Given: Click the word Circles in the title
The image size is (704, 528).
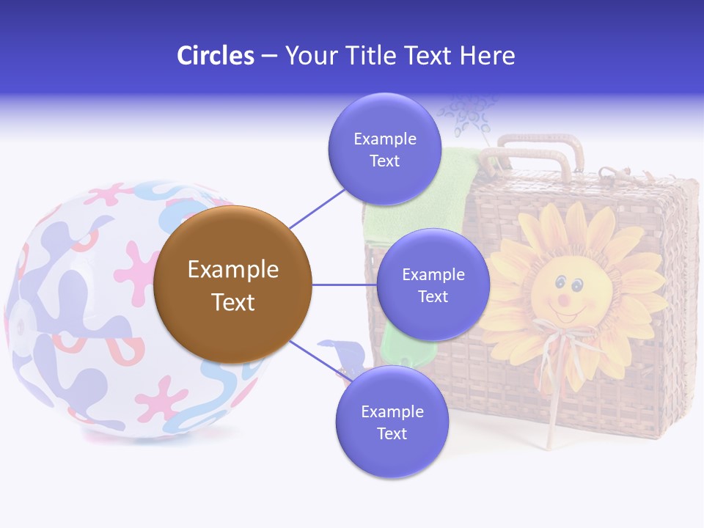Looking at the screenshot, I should coord(215,56).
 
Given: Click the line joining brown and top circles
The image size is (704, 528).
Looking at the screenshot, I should coord(318,208).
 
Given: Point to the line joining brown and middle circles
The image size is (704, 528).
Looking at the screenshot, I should coord(343,285).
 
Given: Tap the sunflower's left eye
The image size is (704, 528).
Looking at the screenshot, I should coord(559,282).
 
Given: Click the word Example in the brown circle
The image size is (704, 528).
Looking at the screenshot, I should coord(232,270).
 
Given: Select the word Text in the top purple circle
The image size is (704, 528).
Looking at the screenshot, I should coord(384,161).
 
